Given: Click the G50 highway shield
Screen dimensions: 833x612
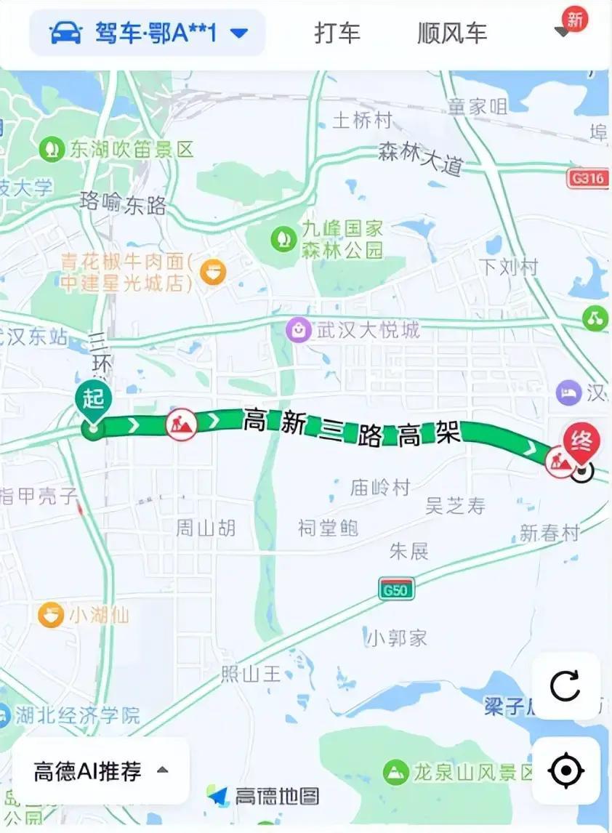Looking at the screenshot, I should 396,587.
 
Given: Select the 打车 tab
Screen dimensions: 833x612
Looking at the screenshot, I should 337,33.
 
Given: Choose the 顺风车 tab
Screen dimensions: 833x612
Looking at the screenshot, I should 451,33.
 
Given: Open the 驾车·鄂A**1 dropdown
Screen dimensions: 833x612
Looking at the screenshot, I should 148,33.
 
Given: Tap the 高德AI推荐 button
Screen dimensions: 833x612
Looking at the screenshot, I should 101,770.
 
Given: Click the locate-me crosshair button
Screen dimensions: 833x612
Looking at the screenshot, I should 566,771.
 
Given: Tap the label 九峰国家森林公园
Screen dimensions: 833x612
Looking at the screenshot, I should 342,240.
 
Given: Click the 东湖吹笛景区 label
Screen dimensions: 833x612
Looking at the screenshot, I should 132,150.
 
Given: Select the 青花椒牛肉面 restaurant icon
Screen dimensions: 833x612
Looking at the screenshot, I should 213,271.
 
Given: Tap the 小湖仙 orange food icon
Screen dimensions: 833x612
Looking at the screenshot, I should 51,615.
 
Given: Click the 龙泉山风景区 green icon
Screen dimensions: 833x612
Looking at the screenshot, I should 396,770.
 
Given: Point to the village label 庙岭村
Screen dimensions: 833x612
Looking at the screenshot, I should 379,487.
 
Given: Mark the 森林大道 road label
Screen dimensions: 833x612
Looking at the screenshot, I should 420,158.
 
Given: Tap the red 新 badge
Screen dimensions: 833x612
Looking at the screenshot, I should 575,20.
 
